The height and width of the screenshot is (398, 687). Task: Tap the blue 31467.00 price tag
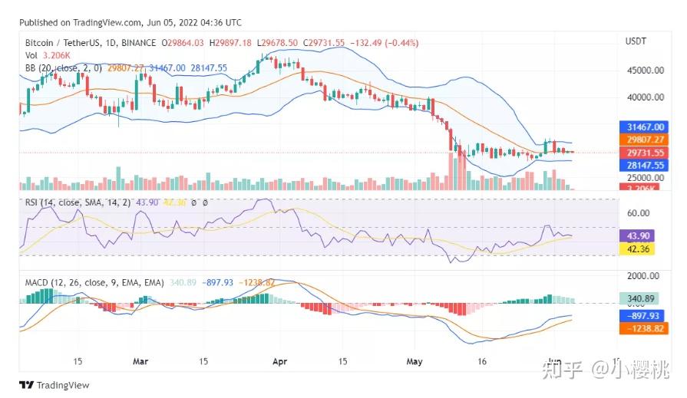[642, 127]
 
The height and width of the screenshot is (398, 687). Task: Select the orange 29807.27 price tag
[642, 140]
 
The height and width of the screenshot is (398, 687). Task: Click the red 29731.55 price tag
[642, 153]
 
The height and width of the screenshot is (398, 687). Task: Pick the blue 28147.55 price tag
[642, 165]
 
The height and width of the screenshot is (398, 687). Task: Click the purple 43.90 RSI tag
[637, 236]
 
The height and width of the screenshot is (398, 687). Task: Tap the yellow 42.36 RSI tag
[637, 248]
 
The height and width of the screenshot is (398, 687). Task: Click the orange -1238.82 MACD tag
[641, 327]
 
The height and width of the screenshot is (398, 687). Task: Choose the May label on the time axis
[415, 360]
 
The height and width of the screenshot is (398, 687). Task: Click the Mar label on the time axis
[140, 360]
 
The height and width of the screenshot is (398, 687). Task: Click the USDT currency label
[636, 41]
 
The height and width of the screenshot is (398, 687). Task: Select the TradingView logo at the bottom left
[54, 385]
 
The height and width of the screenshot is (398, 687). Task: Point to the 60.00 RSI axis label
[639, 213]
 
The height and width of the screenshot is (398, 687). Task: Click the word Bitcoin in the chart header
[40, 43]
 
